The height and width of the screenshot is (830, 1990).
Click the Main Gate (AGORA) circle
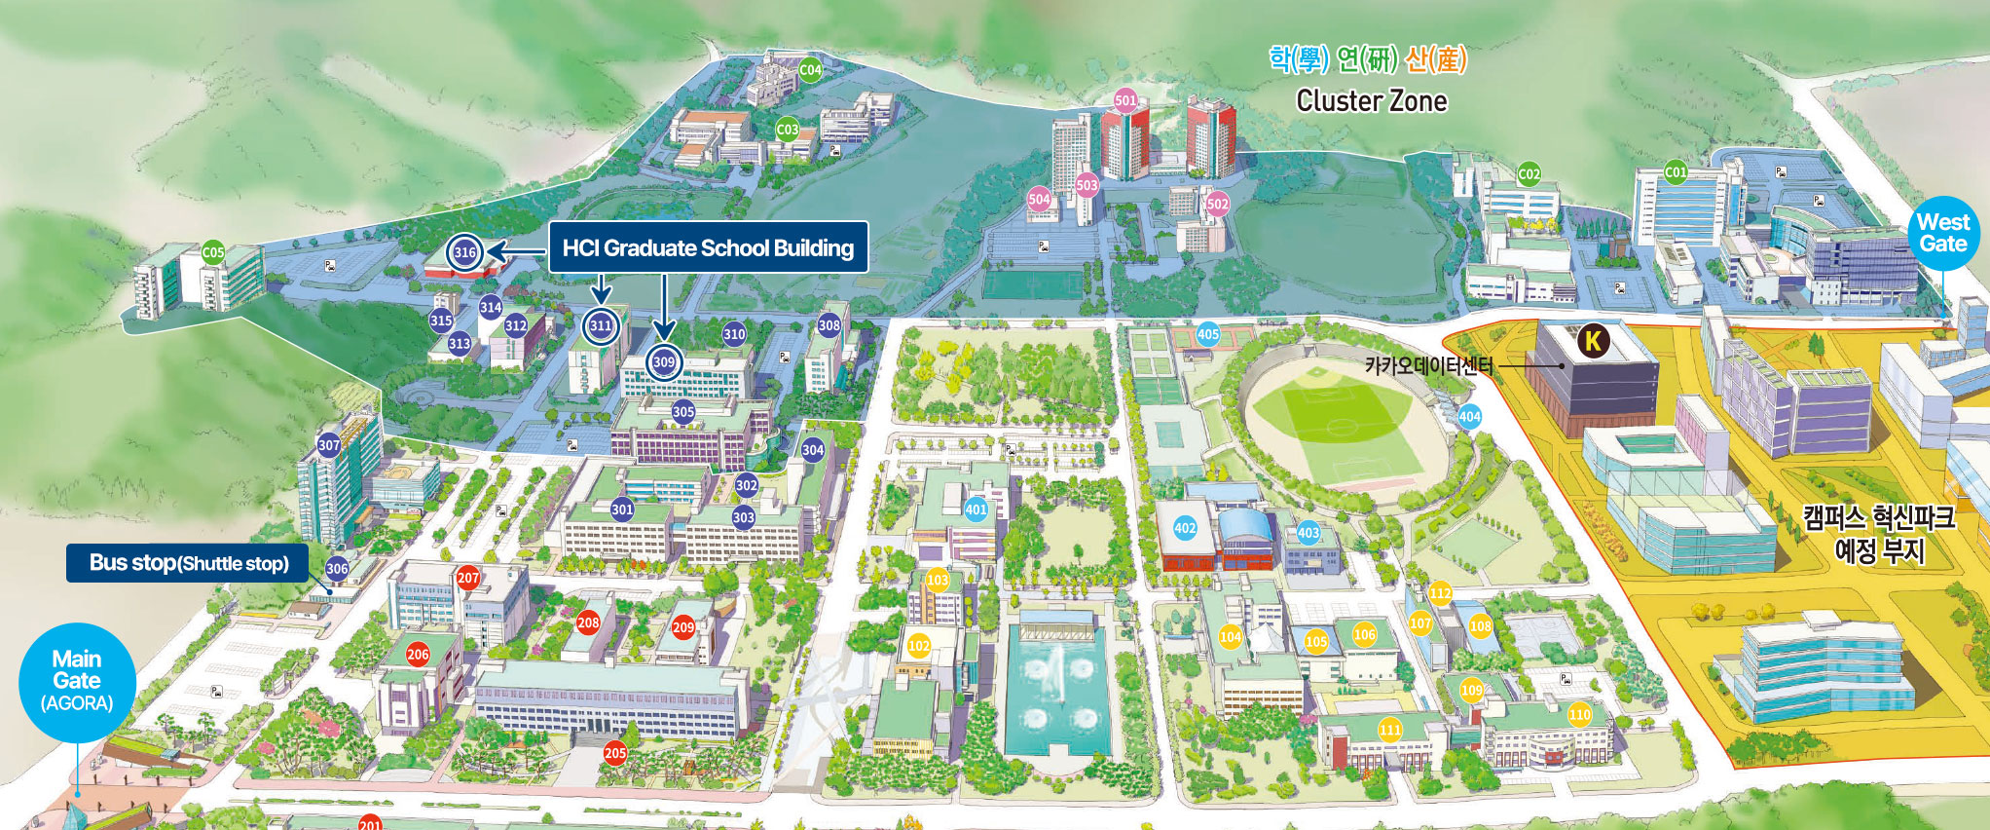pos(77,681)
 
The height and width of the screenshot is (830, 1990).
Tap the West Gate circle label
pos(1942,234)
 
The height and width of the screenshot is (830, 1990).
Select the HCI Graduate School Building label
pos(708,247)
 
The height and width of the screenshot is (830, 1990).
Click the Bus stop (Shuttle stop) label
pos(188,563)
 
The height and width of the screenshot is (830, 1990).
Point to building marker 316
pos(464,253)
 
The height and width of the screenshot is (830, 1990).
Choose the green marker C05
pos(213,253)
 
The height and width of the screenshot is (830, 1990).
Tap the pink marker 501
pos(1125,100)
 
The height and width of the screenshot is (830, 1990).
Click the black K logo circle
pos(1593,341)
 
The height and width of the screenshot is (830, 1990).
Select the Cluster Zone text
pos(1371,101)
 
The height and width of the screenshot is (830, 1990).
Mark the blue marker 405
pos(1208,334)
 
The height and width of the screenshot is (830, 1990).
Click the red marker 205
pos(615,752)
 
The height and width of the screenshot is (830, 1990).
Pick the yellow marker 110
pos(1579,715)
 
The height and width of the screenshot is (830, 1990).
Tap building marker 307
pos(329,445)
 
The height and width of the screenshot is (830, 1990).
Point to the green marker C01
pos(1676,172)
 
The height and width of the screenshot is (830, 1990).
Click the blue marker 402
pos(1185,528)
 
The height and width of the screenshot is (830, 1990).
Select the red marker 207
pos(468,578)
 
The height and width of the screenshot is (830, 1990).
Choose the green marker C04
pos(810,70)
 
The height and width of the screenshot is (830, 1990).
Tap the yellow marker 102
pos(918,646)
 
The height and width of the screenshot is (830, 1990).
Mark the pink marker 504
pos(1040,200)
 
